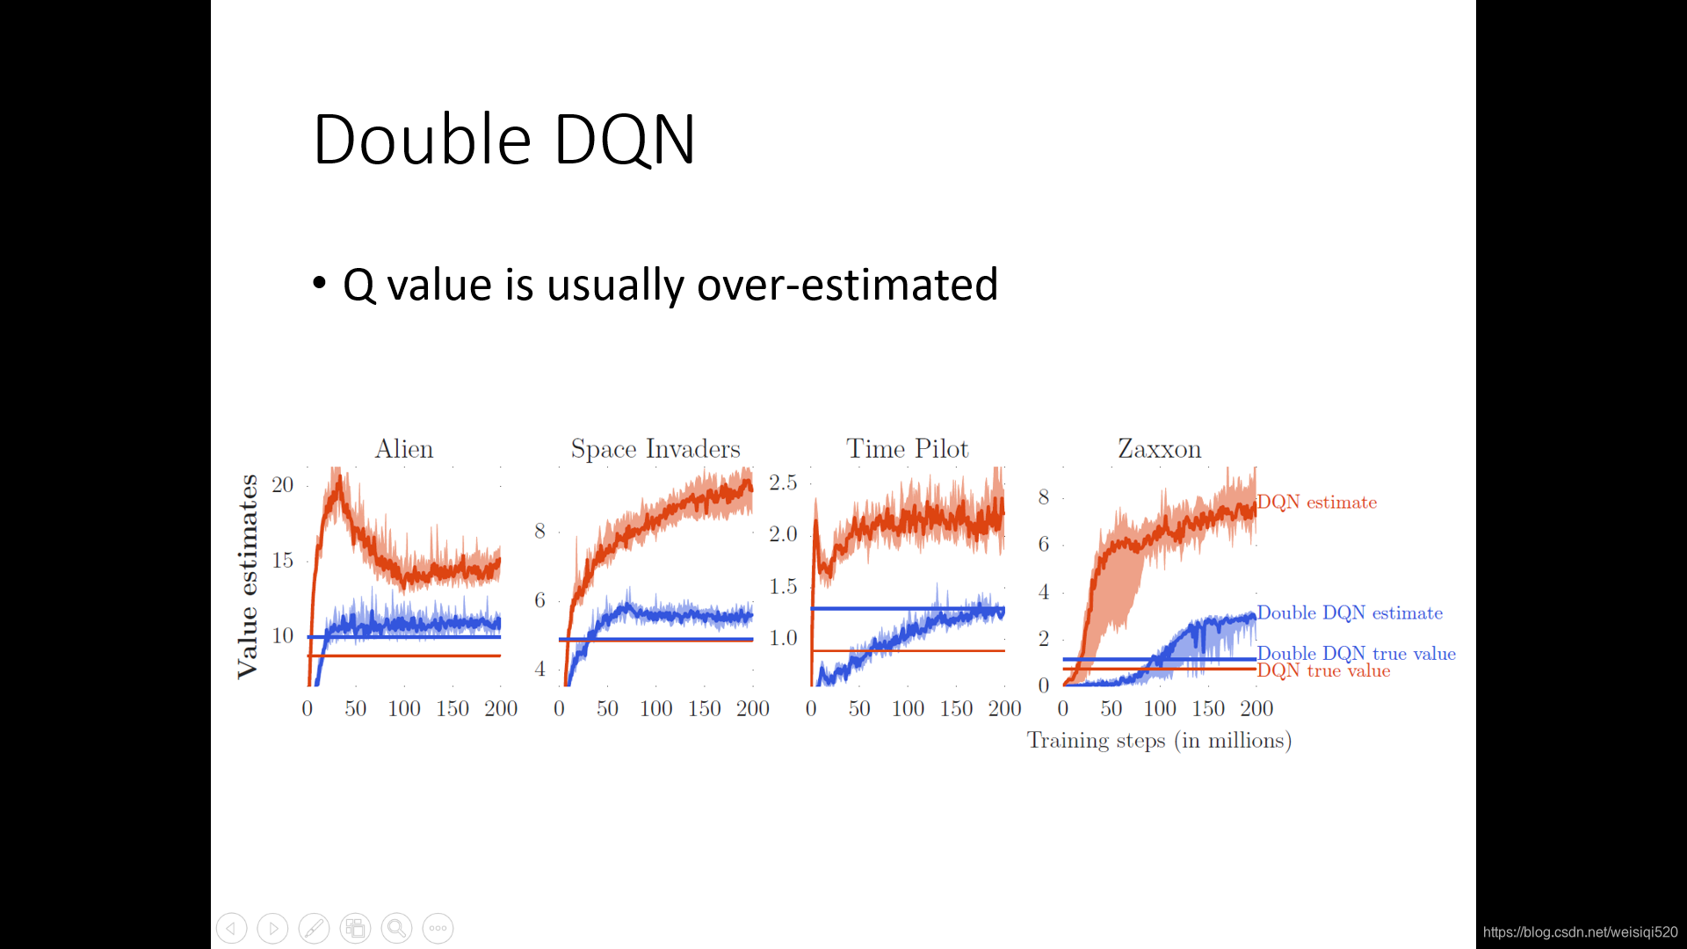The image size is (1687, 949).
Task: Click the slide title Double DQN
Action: (x=504, y=139)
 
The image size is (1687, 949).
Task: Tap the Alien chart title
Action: (x=404, y=449)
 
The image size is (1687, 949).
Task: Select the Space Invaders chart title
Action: (x=655, y=449)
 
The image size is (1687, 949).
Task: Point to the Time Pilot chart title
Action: (x=908, y=449)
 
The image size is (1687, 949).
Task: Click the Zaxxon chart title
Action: (x=1159, y=449)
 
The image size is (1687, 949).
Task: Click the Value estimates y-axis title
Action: (x=248, y=576)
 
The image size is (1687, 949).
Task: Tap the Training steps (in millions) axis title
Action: (x=1159, y=741)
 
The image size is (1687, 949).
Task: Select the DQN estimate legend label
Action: (x=1317, y=502)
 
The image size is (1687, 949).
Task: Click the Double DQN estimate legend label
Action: (x=1350, y=612)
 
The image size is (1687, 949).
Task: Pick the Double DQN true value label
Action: (x=1357, y=653)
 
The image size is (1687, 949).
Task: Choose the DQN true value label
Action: (x=1324, y=670)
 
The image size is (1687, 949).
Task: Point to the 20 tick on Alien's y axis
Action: (x=282, y=484)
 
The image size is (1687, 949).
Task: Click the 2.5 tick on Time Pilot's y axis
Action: (x=783, y=482)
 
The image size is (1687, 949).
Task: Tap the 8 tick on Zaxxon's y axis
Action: (x=1044, y=497)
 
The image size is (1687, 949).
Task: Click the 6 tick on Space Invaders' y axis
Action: (x=540, y=600)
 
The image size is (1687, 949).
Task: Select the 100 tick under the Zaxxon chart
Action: (x=1160, y=708)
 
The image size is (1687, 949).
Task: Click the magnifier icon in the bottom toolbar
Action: (x=396, y=928)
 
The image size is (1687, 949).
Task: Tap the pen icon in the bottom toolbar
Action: (x=314, y=928)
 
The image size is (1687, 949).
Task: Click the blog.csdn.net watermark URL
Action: (x=1581, y=932)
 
